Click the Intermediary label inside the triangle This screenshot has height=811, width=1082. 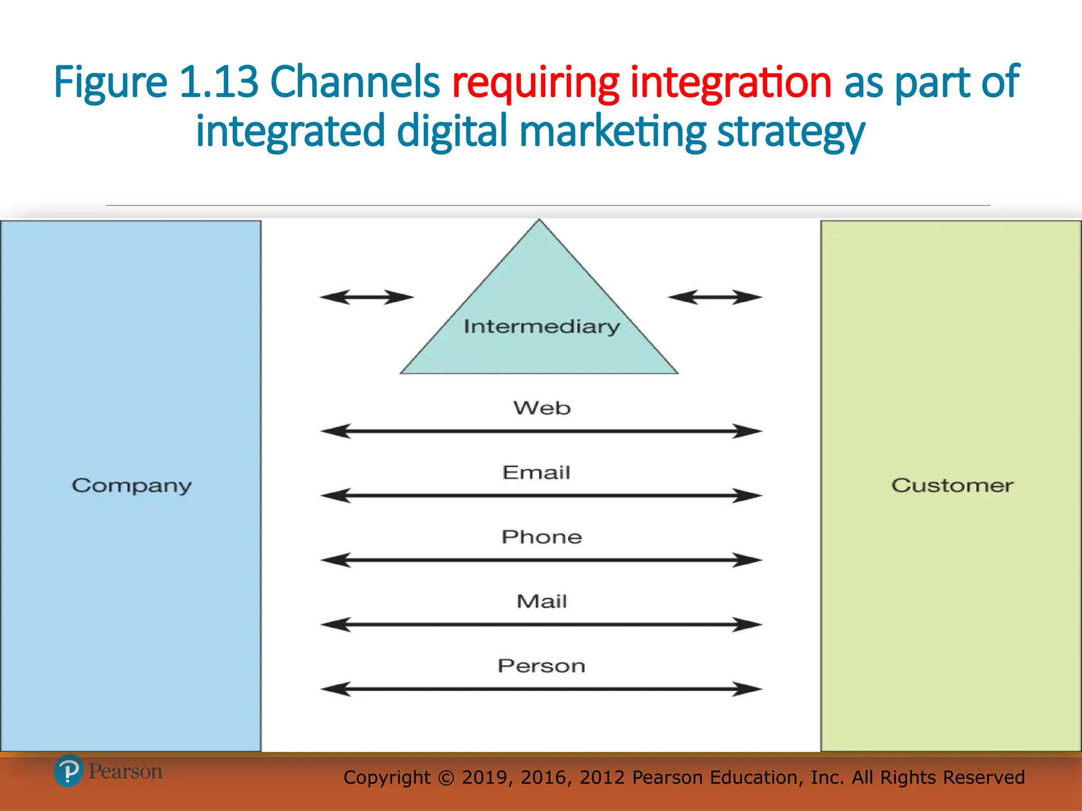tap(542, 327)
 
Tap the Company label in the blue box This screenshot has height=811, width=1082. tap(132, 486)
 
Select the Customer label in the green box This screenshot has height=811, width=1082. tap(952, 485)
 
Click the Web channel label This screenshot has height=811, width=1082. tap(542, 408)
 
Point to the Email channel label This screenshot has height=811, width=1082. tap(536, 473)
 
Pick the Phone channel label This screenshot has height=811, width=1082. tap(542, 537)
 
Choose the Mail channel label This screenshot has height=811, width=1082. tap(542, 601)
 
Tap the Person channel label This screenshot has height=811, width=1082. tap(542, 666)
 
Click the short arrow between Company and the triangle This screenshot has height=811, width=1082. tap(367, 297)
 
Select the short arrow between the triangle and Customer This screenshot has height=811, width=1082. tap(715, 297)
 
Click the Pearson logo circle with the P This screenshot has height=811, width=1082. tap(69, 771)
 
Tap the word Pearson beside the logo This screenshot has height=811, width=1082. tap(125, 771)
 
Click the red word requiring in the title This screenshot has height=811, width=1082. tap(535, 83)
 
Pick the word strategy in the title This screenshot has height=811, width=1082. tap(791, 132)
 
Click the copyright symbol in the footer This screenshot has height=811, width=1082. tap(446, 778)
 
